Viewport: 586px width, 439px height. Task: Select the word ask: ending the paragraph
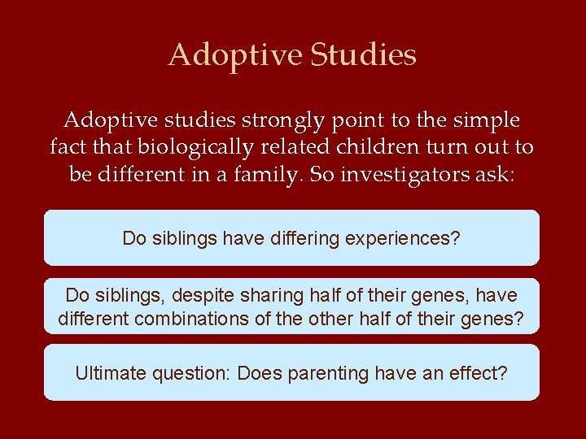(x=496, y=174)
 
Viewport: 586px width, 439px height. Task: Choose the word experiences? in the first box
(x=404, y=238)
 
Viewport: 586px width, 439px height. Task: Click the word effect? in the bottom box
(x=480, y=373)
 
